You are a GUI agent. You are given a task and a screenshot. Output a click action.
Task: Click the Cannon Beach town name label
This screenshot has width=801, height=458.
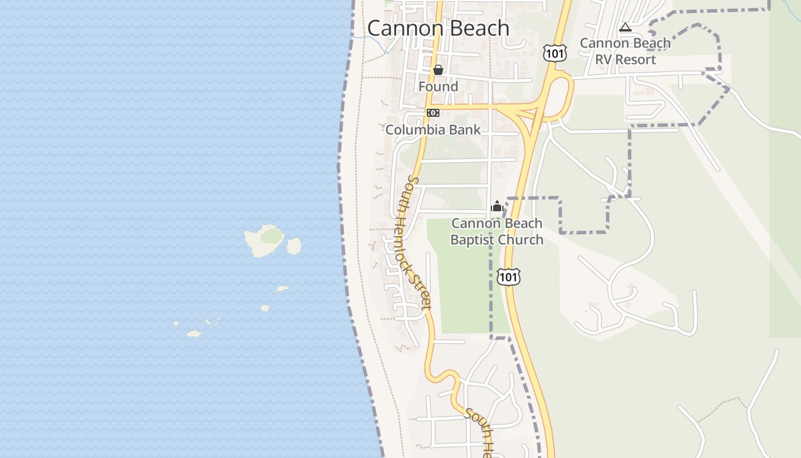(x=438, y=28)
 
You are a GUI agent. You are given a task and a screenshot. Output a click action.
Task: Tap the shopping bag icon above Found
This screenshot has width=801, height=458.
(x=438, y=70)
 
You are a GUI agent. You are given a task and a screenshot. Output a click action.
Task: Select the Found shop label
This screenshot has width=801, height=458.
(x=438, y=86)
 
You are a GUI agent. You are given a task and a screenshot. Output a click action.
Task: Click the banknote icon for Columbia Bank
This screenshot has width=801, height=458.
(x=433, y=113)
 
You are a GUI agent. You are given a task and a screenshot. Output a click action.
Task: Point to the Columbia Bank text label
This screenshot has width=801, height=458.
(x=433, y=130)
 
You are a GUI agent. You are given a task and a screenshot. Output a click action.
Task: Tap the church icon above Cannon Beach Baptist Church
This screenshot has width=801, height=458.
(x=497, y=206)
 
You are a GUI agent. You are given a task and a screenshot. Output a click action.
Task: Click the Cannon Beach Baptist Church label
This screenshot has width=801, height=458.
(x=497, y=231)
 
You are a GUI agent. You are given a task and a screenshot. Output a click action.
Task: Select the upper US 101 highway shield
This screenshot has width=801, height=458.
(x=555, y=53)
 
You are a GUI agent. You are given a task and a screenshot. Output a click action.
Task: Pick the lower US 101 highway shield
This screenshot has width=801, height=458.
(x=508, y=277)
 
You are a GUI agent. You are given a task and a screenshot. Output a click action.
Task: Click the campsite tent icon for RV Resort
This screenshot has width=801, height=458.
(x=625, y=27)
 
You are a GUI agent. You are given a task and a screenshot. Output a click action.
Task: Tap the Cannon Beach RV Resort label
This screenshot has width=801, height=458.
(x=625, y=51)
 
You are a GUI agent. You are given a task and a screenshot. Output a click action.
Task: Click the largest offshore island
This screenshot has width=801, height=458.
(x=264, y=239)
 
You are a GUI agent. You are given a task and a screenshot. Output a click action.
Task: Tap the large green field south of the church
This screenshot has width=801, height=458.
(x=463, y=286)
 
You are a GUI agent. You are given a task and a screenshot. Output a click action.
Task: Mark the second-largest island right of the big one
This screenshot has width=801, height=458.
(x=294, y=246)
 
